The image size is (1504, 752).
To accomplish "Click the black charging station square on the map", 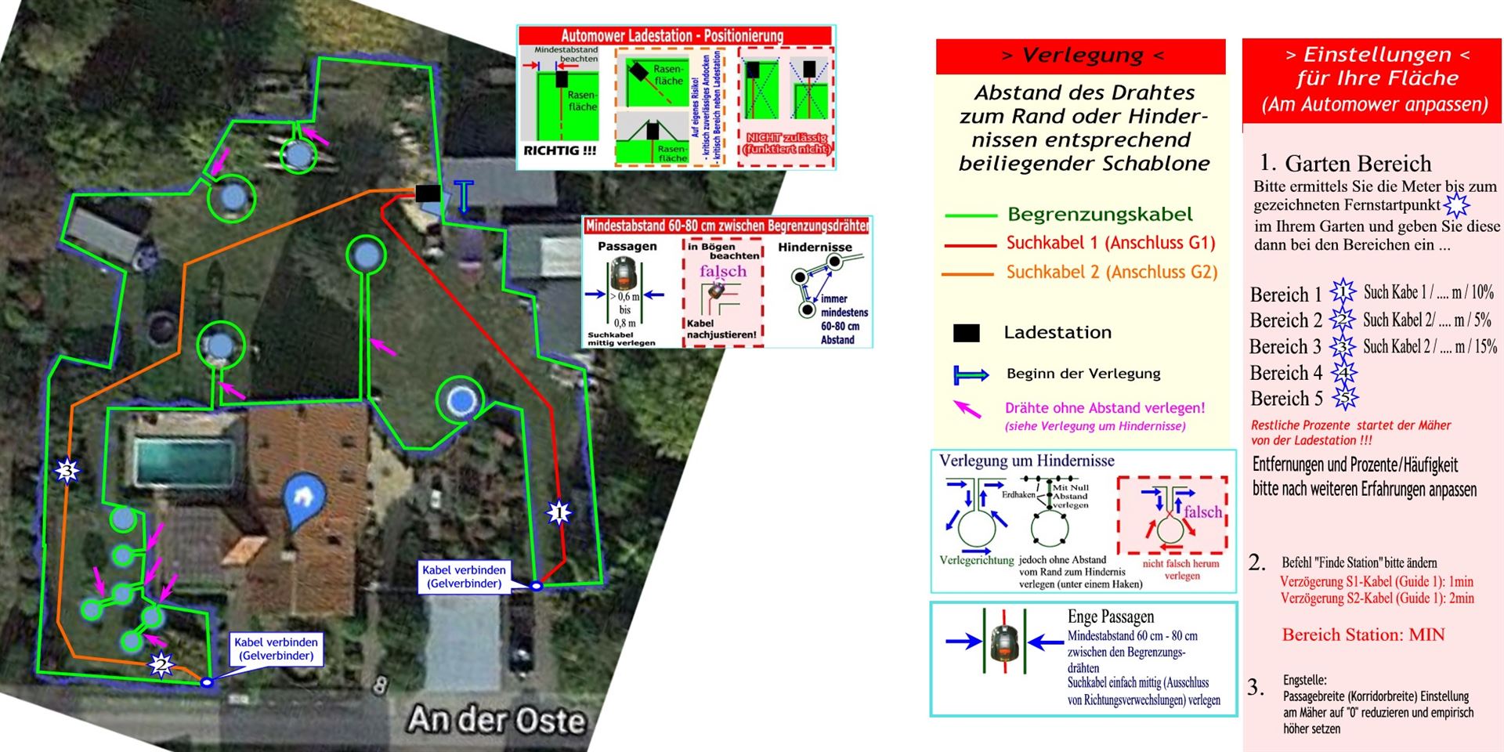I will [x=427, y=193].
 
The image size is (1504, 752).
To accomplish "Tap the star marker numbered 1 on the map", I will [x=559, y=513].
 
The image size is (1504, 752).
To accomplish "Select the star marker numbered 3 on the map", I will [x=68, y=471].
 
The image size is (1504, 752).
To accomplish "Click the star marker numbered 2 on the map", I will [x=161, y=665].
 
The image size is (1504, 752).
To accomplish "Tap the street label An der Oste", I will [x=496, y=720].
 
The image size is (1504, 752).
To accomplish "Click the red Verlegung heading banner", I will [x=1081, y=56].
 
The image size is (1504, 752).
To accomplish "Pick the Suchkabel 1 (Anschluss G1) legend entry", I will [x=1110, y=244].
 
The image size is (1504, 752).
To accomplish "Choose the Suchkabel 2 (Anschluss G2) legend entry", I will [x=1112, y=273].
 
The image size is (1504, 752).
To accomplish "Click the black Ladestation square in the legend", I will [x=966, y=333].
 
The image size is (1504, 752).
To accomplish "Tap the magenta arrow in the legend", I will [x=967, y=408].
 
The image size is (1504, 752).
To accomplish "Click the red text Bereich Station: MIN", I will [x=1363, y=635].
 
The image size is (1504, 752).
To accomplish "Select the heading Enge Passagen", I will [x=1110, y=616].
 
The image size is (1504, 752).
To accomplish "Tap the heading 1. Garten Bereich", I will [x=1346, y=164].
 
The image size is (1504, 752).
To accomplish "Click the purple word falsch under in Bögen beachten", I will [x=723, y=271].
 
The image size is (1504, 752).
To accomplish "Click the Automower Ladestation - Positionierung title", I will [x=672, y=36].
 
